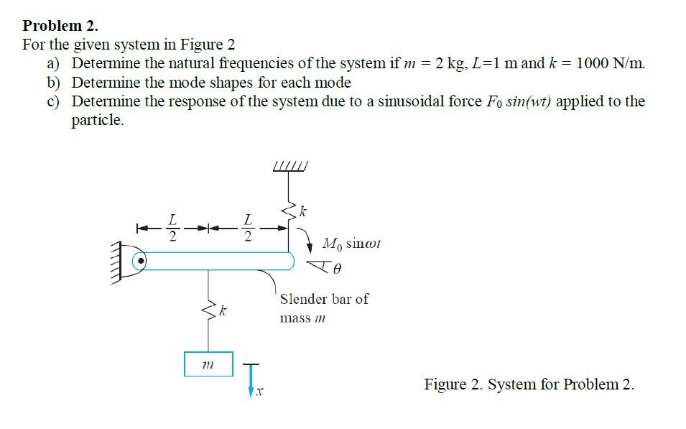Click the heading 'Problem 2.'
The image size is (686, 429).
tap(60, 26)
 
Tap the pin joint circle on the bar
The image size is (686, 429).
tap(142, 260)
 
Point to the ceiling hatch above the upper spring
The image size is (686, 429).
tap(290, 168)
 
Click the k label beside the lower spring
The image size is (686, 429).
tap(225, 313)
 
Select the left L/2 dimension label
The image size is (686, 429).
tap(171, 226)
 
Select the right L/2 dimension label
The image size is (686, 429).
tap(247, 226)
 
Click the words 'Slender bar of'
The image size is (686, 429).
tap(324, 299)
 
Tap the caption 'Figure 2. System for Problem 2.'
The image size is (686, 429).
tap(529, 384)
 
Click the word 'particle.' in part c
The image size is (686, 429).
tap(98, 120)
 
